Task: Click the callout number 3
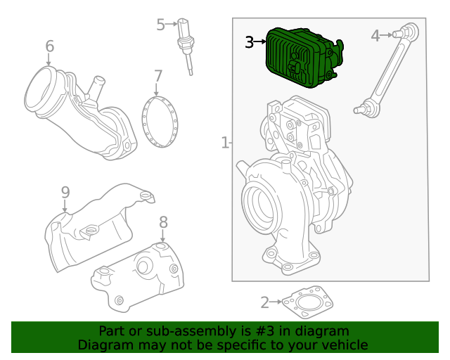click(250, 42)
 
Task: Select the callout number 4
click(375, 35)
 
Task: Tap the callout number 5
click(161, 25)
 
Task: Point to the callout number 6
click(49, 46)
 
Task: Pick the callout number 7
click(158, 75)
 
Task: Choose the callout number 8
click(163, 222)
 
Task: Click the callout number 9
click(65, 192)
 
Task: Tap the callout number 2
click(264, 303)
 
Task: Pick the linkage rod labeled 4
click(385, 70)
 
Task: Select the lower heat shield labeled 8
click(141, 274)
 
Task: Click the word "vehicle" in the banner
click(342, 345)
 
